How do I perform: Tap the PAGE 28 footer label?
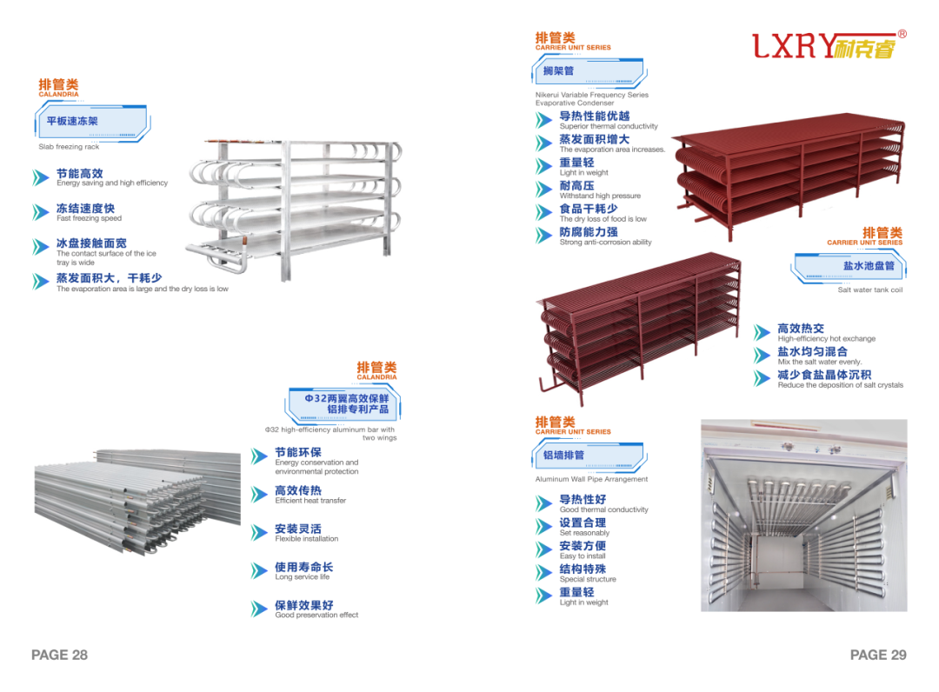59,655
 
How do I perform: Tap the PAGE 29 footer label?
878,655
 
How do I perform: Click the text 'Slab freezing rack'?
69,147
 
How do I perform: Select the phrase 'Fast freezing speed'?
89,218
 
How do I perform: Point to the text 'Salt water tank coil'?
869,290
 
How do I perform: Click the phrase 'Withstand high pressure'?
600,196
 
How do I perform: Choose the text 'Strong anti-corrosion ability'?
605,243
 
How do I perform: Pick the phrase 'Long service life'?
302,576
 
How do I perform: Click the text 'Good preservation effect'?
316,615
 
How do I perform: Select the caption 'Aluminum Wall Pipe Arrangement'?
591,479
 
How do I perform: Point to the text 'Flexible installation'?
306,538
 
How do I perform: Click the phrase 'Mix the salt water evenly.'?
820,362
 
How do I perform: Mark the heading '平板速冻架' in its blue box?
72,121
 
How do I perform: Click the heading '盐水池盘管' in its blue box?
869,265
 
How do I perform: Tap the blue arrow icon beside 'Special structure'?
544,574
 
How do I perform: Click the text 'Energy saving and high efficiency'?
112,183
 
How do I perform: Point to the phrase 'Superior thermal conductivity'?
609,126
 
